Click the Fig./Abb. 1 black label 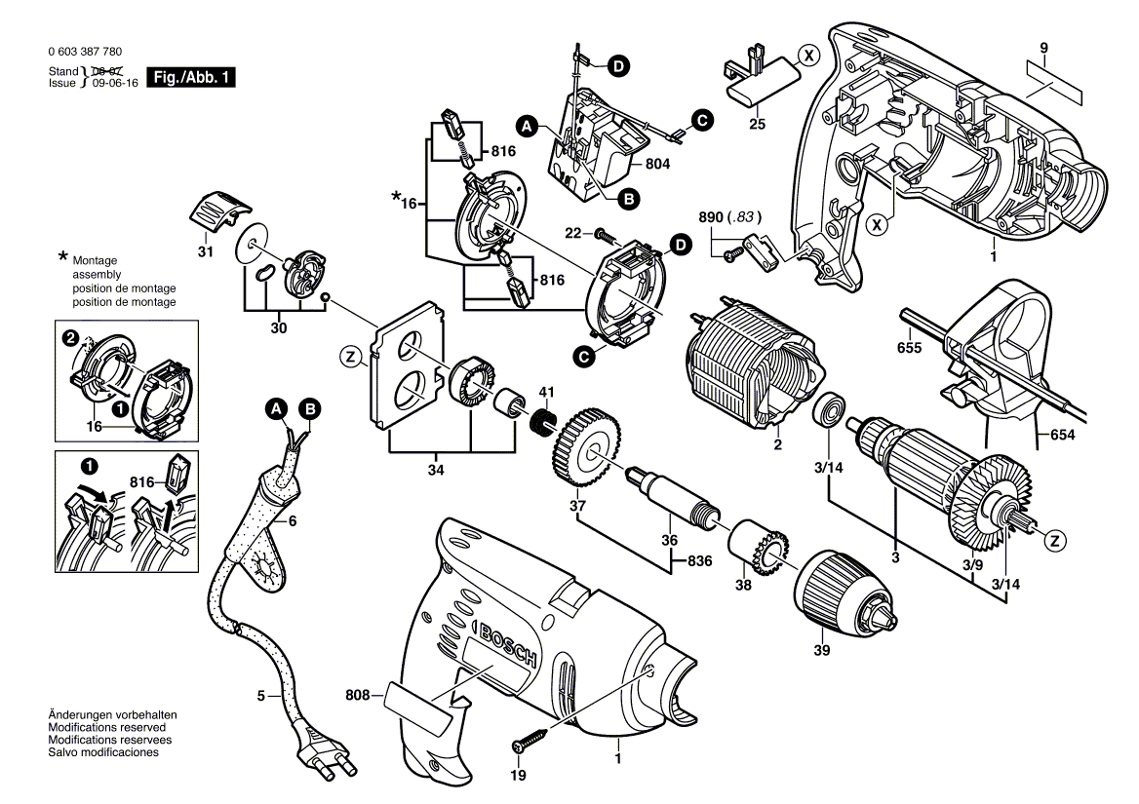(x=191, y=77)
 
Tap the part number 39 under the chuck (x=822, y=649)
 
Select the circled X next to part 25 (x=806, y=56)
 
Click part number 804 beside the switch (x=658, y=164)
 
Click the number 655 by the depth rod (x=909, y=346)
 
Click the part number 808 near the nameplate (x=359, y=696)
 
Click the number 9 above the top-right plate (x=1043, y=48)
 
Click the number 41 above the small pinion (x=547, y=391)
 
